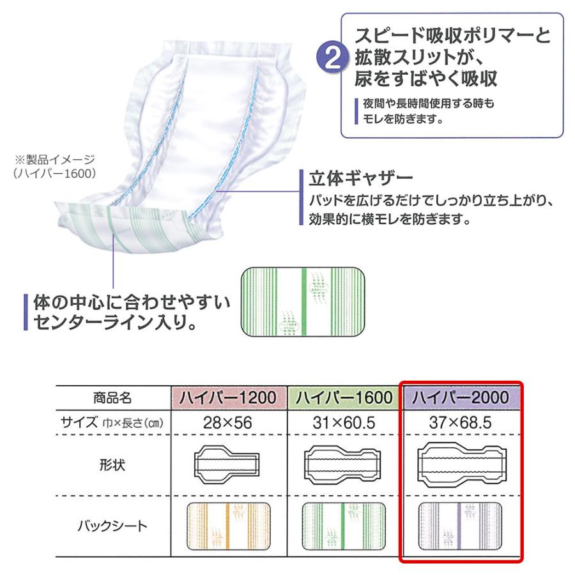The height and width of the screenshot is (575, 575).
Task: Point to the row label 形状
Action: point(113,464)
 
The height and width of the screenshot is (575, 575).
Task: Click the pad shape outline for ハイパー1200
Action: point(226,464)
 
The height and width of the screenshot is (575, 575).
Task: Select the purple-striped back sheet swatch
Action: point(461,526)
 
